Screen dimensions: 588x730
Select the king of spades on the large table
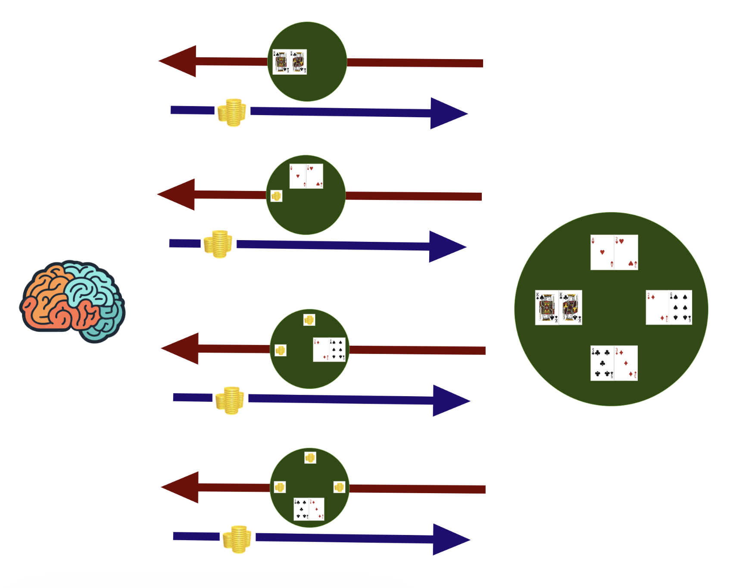(x=547, y=307)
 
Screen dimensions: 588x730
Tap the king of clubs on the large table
(x=571, y=307)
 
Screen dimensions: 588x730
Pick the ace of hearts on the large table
(x=602, y=252)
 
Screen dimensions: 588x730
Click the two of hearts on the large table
(x=626, y=252)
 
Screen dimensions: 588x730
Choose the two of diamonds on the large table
(x=657, y=307)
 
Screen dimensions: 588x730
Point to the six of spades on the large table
(x=680, y=307)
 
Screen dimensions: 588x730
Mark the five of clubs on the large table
(x=602, y=363)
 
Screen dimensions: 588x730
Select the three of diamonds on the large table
(x=626, y=363)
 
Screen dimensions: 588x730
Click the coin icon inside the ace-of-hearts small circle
(x=276, y=196)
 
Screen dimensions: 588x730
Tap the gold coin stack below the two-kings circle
(x=232, y=112)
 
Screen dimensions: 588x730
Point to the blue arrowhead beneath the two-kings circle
(x=448, y=113)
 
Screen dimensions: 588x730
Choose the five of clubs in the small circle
(x=301, y=509)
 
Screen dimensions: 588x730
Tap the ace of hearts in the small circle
(x=298, y=176)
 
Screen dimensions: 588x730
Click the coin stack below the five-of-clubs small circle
(x=237, y=539)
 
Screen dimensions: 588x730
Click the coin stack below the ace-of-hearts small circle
(x=218, y=244)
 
